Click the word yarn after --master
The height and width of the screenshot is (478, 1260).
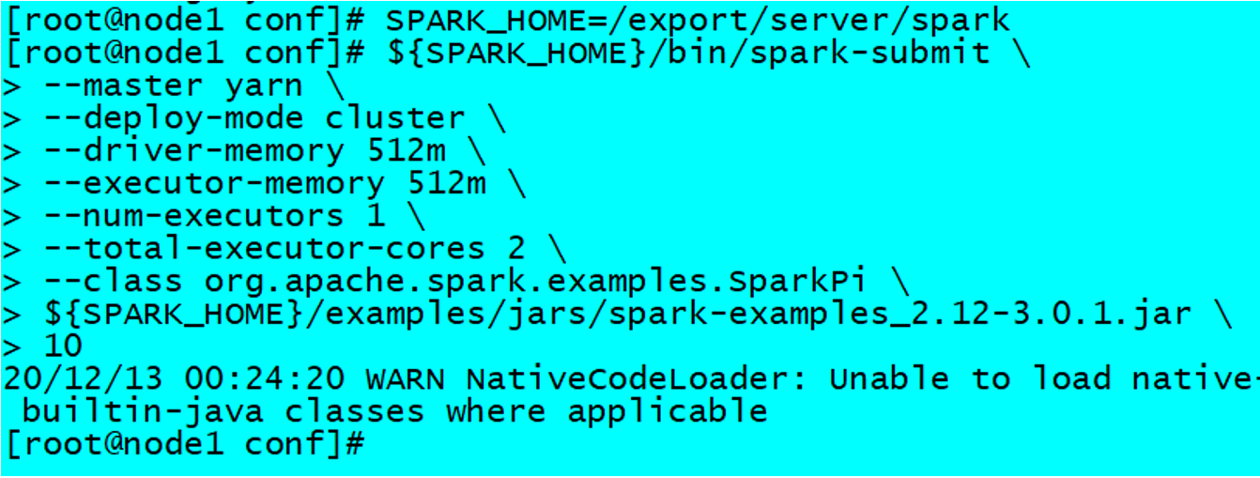point(264,85)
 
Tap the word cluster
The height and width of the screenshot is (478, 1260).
point(395,118)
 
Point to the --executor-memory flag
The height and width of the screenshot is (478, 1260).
point(214,183)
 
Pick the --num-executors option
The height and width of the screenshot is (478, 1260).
point(193,216)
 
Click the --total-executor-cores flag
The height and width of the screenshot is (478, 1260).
point(264,248)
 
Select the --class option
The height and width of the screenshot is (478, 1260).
point(113,281)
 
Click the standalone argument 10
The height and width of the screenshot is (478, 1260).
point(62,346)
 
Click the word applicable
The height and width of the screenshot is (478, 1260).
point(668,410)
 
